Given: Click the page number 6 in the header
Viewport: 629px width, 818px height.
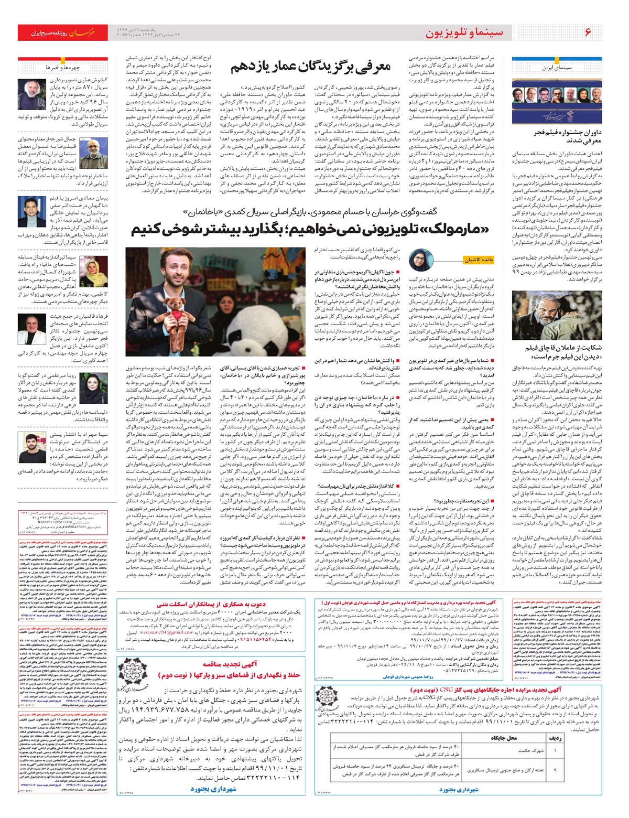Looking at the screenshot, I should [588, 33].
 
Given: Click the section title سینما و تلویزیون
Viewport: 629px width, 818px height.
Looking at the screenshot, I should [464, 33].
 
